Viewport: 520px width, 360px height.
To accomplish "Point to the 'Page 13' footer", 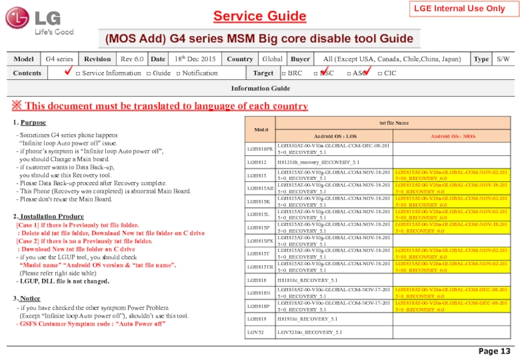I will coord(494,352).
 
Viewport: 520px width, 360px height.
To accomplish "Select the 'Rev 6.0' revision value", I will coord(133,59).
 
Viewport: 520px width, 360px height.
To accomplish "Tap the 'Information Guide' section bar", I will coord(259,88).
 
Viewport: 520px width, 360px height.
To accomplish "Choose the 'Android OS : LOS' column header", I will coord(334,136).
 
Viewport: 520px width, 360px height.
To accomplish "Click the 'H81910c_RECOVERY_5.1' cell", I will coord(307,318).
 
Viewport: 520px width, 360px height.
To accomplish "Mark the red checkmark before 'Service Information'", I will coord(66,71).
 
